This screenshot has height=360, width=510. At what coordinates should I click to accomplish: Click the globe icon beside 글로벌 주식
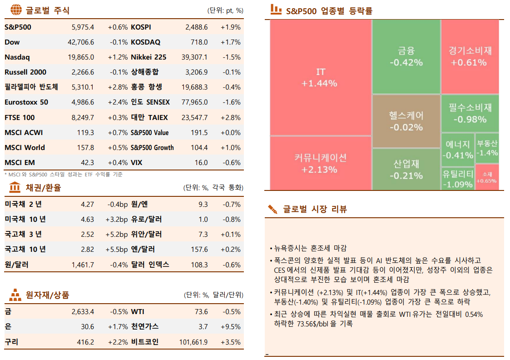click(15, 10)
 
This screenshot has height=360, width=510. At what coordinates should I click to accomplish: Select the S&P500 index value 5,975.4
click(83, 27)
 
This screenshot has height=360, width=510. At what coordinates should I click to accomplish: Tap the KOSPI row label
click(141, 27)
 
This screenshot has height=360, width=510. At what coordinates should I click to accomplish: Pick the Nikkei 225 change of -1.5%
click(232, 57)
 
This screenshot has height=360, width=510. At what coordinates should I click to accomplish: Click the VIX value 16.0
click(201, 163)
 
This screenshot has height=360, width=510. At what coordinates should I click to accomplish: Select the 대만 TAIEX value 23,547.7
click(194, 118)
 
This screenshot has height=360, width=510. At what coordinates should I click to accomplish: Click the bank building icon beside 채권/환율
click(15, 187)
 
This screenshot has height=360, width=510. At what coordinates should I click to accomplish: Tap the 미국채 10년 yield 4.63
click(87, 220)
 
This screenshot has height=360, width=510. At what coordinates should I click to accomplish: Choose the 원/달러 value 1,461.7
click(83, 265)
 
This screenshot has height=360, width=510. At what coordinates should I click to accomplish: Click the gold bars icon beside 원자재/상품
click(15, 295)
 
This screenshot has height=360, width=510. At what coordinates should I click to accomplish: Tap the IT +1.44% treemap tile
click(320, 78)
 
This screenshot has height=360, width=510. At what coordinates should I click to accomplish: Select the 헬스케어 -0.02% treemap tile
click(406, 121)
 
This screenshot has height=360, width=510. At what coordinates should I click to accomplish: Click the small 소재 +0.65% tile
click(487, 177)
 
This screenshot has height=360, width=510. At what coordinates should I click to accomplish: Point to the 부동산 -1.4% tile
click(487, 148)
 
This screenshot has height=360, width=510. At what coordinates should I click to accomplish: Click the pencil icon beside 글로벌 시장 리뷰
click(273, 209)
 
